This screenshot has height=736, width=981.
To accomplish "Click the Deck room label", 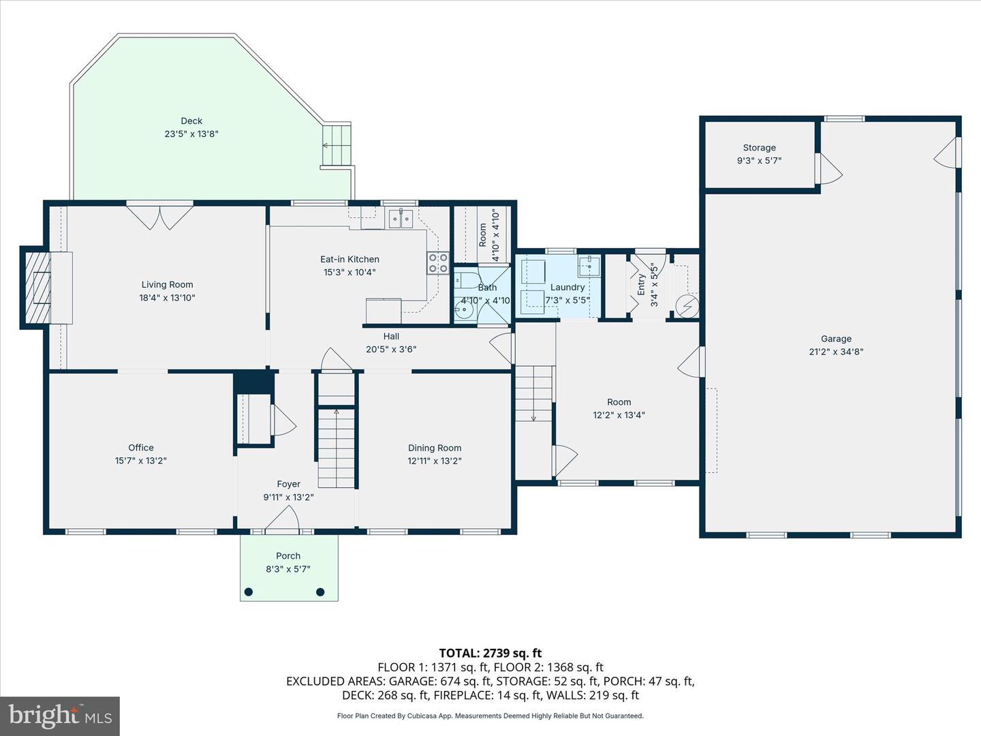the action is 191,121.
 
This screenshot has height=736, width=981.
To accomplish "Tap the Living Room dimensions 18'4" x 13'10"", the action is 167,298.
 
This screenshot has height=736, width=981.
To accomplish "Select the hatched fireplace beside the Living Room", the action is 38,288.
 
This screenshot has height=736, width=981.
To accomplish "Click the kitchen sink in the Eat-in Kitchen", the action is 401,219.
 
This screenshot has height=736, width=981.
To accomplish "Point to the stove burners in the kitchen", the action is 437,263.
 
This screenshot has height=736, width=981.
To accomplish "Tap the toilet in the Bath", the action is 465,280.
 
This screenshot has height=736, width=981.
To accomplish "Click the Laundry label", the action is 567,288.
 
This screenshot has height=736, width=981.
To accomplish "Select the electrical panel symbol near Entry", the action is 687,307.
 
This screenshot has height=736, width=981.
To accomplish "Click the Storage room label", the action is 760,147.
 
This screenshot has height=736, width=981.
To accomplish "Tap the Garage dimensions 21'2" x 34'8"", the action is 836,352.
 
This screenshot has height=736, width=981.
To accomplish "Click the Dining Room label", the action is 435,448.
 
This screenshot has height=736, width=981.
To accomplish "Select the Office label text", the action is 141,447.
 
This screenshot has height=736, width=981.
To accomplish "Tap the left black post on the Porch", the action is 249,592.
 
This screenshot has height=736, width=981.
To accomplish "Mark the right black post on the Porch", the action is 320,592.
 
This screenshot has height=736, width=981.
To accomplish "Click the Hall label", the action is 391,336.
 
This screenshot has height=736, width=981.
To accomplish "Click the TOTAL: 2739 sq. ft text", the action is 490,654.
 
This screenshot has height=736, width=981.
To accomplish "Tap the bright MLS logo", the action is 60,716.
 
